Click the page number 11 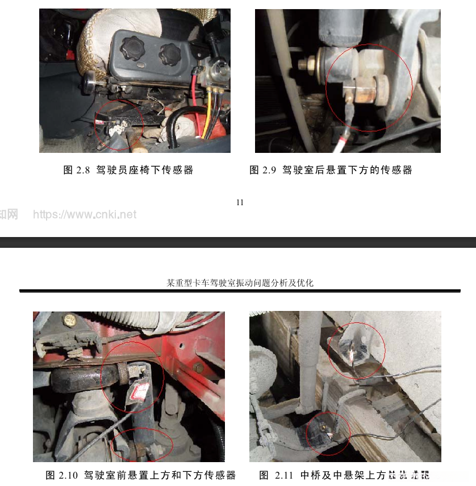pyautogui.click(x=240, y=202)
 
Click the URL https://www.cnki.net pyautogui.click(x=85, y=214)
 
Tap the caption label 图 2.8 pyautogui.click(x=77, y=170)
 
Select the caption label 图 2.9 pyautogui.click(x=262, y=170)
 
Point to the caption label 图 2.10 pyautogui.click(x=61, y=475)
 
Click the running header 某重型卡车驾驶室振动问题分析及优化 pyautogui.click(x=240, y=283)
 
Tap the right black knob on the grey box pyautogui.click(x=169, y=55)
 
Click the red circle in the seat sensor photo pyautogui.click(x=119, y=124)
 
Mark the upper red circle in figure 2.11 pyautogui.click(x=356, y=350)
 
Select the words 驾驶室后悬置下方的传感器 pyautogui.click(x=347, y=170)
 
